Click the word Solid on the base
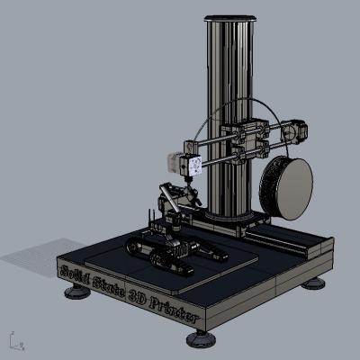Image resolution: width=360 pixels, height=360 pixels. click(x=75, y=274)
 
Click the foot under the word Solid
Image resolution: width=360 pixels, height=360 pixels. click(x=77, y=291)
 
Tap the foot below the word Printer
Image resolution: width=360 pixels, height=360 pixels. click(x=201, y=339)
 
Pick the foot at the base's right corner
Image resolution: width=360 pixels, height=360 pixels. click(x=313, y=283)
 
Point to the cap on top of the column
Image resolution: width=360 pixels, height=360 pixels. click(x=230, y=18)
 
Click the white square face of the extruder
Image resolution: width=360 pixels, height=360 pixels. click(x=196, y=166)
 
